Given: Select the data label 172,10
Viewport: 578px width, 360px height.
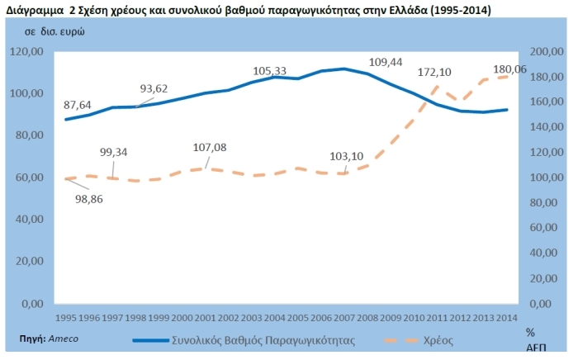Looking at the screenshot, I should click(438, 73).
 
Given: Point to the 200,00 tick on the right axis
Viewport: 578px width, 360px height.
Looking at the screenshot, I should click(547, 51).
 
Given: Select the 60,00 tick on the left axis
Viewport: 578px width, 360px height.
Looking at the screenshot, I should click(30, 178).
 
